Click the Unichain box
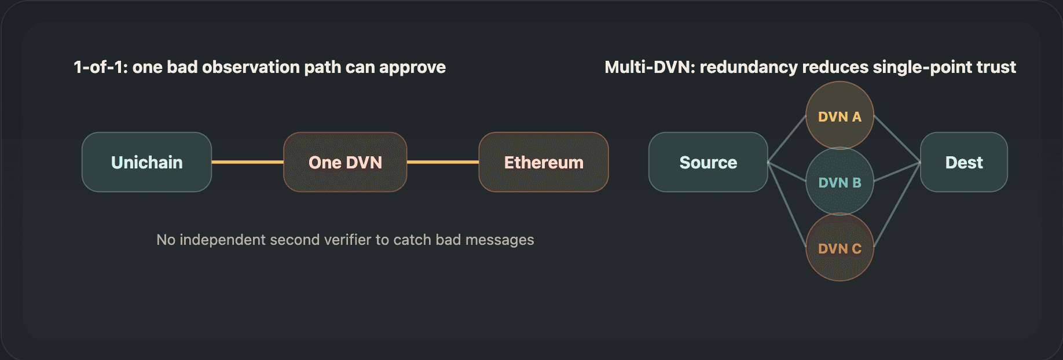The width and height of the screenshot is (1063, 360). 146,162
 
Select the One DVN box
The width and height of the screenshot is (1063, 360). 345,162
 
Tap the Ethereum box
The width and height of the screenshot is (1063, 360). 544,162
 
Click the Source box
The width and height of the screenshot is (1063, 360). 708,162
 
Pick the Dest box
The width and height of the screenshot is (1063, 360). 964,162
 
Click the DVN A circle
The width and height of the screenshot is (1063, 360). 840,115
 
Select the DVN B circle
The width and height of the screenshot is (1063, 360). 840,182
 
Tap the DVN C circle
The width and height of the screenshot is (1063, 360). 840,248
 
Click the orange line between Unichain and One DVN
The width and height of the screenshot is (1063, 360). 247,162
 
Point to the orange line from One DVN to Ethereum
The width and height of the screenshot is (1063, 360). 443,162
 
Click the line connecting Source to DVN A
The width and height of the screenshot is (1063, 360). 787,139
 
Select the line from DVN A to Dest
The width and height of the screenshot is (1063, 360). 897,139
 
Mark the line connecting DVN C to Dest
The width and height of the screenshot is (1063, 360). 897,205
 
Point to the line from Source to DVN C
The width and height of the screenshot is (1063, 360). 787,205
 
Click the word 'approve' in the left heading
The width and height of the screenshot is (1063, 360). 412,68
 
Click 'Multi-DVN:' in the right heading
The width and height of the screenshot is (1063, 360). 650,67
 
